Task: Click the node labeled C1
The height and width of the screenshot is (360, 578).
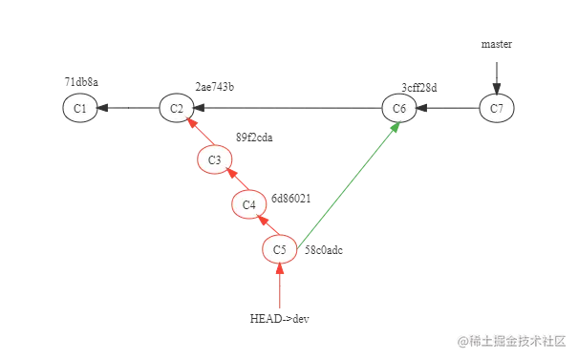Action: pyautogui.click(x=80, y=109)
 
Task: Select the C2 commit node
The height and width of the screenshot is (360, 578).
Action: pyautogui.click(x=177, y=109)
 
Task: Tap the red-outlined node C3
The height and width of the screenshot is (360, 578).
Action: pyautogui.click(x=215, y=159)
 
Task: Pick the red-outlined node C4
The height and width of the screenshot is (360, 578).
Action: pyautogui.click(x=248, y=204)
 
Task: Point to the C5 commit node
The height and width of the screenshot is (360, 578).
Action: pyautogui.click(x=279, y=250)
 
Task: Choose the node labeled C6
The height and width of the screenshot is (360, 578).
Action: pyautogui.click(x=399, y=109)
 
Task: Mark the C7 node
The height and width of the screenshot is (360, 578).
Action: pyautogui.click(x=497, y=109)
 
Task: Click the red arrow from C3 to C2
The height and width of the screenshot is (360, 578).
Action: pyautogui.click(x=197, y=135)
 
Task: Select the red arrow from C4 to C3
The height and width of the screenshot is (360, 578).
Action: pyautogui.click(x=232, y=182)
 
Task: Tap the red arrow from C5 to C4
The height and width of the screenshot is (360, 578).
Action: pyautogui.click(x=264, y=227)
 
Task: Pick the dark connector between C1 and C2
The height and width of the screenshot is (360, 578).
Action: pyautogui.click(x=128, y=109)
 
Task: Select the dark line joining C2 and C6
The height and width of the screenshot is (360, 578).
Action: pyautogui.click(x=287, y=109)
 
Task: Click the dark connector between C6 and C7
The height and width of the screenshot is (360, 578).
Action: pyautogui.click(x=448, y=109)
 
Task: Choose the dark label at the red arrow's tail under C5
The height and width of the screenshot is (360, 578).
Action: pyautogui.click(x=277, y=320)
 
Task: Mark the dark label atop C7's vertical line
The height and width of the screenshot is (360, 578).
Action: pyautogui.click(x=497, y=46)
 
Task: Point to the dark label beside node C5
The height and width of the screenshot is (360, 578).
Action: pyautogui.click(x=325, y=253)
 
